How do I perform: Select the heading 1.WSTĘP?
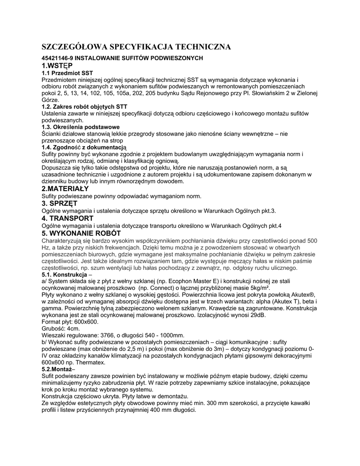coord(54,66)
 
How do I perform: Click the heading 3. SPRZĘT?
coord(59,203)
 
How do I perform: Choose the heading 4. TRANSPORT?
coord(68,218)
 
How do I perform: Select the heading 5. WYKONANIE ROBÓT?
coord(81,233)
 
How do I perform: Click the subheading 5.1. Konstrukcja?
coord(64,275)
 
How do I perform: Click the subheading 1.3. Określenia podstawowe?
coord(80,127)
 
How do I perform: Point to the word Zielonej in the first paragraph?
coord(307,93)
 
